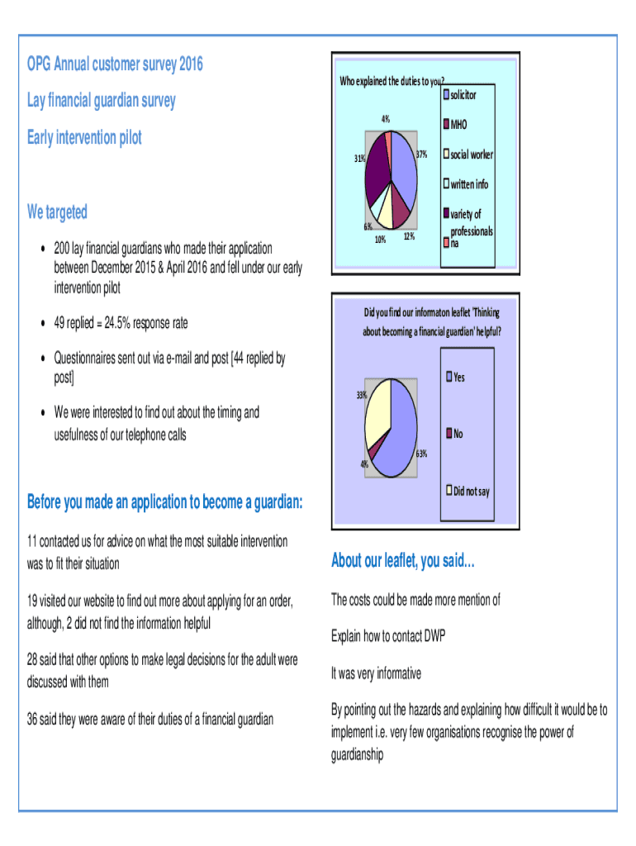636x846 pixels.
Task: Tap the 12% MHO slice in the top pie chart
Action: click(401, 212)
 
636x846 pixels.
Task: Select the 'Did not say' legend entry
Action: click(470, 492)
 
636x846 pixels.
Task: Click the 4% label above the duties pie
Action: click(386, 120)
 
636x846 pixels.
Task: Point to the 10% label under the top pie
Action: click(379, 240)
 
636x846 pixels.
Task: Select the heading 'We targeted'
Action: click(57, 212)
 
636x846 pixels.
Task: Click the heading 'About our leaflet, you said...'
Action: click(403, 561)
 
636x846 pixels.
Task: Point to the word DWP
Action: click(434, 636)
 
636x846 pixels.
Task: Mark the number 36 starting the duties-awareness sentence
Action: click(35, 720)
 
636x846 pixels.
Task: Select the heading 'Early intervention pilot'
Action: click(84, 137)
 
